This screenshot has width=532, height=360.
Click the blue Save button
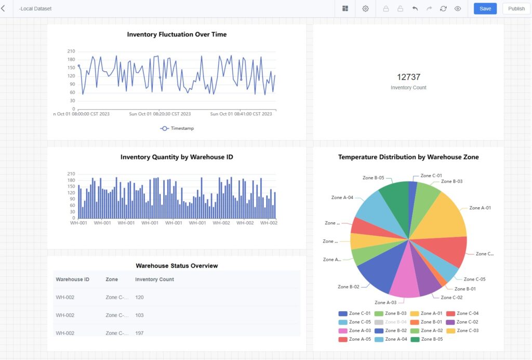[485, 9]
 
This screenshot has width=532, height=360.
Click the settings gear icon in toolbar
[366, 9]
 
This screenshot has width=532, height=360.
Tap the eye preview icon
[458, 9]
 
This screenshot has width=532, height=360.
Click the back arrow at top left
[4, 8]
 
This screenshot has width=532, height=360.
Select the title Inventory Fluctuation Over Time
[177, 34]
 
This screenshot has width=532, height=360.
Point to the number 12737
[408, 77]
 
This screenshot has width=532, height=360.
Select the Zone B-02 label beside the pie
[348, 287]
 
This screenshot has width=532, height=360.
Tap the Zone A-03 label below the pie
[385, 302]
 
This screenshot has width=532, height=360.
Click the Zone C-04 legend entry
[468, 314]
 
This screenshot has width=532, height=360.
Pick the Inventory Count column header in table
[154, 279]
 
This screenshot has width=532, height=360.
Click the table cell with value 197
[139, 333]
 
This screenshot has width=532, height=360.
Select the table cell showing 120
[139, 297]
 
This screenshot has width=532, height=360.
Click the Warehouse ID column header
[72, 279]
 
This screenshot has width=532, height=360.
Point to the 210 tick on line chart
[71, 51]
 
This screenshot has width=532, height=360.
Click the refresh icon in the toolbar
[443, 9]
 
